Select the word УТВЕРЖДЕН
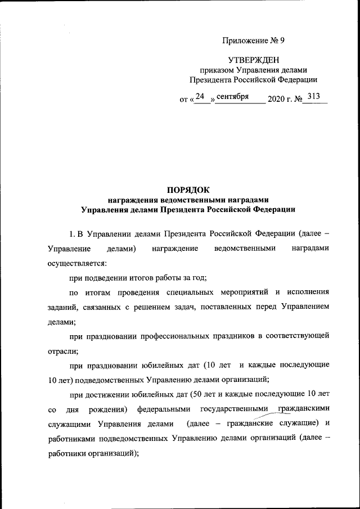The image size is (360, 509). [x=254, y=60]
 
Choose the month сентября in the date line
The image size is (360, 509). [x=232, y=97]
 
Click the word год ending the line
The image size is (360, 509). [x=215, y=277]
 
